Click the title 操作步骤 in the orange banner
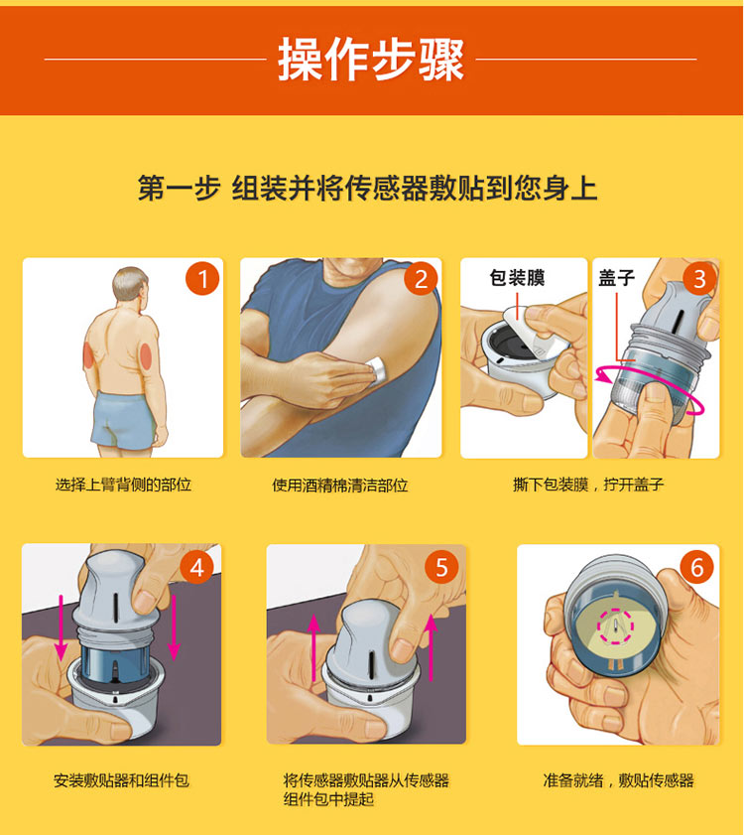pyautogui.click(x=371, y=60)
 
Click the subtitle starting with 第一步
pyautogui.click(x=368, y=188)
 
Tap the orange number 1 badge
pyautogui.click(x=202, y=279)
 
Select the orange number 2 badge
pyautogui.click(x=421, y=279)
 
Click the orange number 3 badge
pyautogui.click(x=698, y=279)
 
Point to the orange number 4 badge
pyautogui.click(x=197, y=567)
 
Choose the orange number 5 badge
pyautogui.click(x=441, y=567)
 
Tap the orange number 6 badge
pyautogui.click(x=696, y=567)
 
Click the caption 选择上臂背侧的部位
pyautogui.click(x=123, y=486)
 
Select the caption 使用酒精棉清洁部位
pyautogui.click(x=340, y=486)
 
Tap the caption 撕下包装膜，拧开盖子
pyautogui.click(x=588, y=486)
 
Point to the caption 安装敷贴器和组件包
pyautogui.click(x=121, y=780)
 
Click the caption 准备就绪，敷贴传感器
pyautogui.click(x=618, y=780)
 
